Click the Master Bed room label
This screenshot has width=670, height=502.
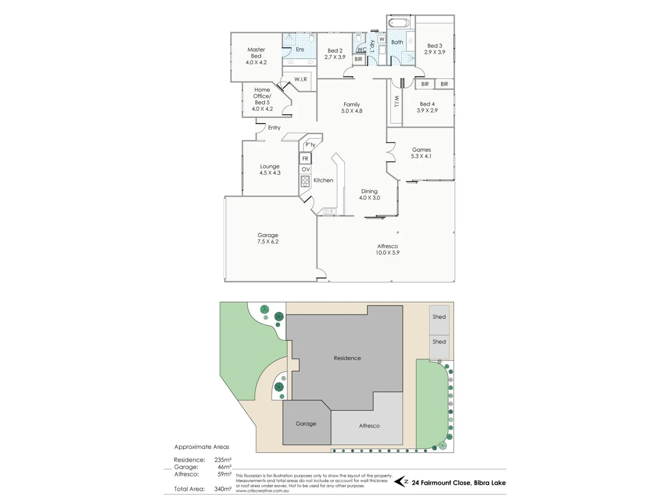pyautogui.click(x=256, y=56)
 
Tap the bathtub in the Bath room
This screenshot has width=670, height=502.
pyautogui.click(x=399, y=23)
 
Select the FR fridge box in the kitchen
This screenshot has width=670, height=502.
pyautogui.click(x=305, y=159)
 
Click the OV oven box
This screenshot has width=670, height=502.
pyautogui.click(x=305, y=170)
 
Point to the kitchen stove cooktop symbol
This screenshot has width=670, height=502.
pyautogui.click(x=305, y=181)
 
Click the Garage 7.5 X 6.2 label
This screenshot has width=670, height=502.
pyautogui.click(x=268, y=238)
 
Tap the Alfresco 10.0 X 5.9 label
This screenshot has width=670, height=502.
pyautogui.click(x=387, y=250)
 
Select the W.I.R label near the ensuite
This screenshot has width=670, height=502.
pyautogui.click(x=301, y=79)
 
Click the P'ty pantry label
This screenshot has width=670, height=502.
pyautogui.click(x=310, y=145)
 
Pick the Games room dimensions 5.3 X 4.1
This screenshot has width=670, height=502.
pyautogui.click(x=421, y=156)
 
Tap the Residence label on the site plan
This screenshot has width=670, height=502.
pyautogui.click(x=347, y=358)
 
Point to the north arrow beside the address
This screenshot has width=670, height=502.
pyautogui.click(x=401, y=482)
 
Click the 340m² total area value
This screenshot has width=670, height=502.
pyautogui.click(x=223, y=489)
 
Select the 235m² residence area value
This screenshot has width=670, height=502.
pyautogui.click(x=223, y=460)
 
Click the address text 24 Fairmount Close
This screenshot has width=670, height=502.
pyautogui.click(x=458, y=482)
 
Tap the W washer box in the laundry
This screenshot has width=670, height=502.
pyautogui.click(x=382, y=40)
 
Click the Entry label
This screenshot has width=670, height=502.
pyautogui.click(x=274, y=128)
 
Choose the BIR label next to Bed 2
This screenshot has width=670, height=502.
pyautogui.click(x=358, y=59)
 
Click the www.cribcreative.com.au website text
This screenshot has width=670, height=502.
pyautogui.click(x=262, y=490)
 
